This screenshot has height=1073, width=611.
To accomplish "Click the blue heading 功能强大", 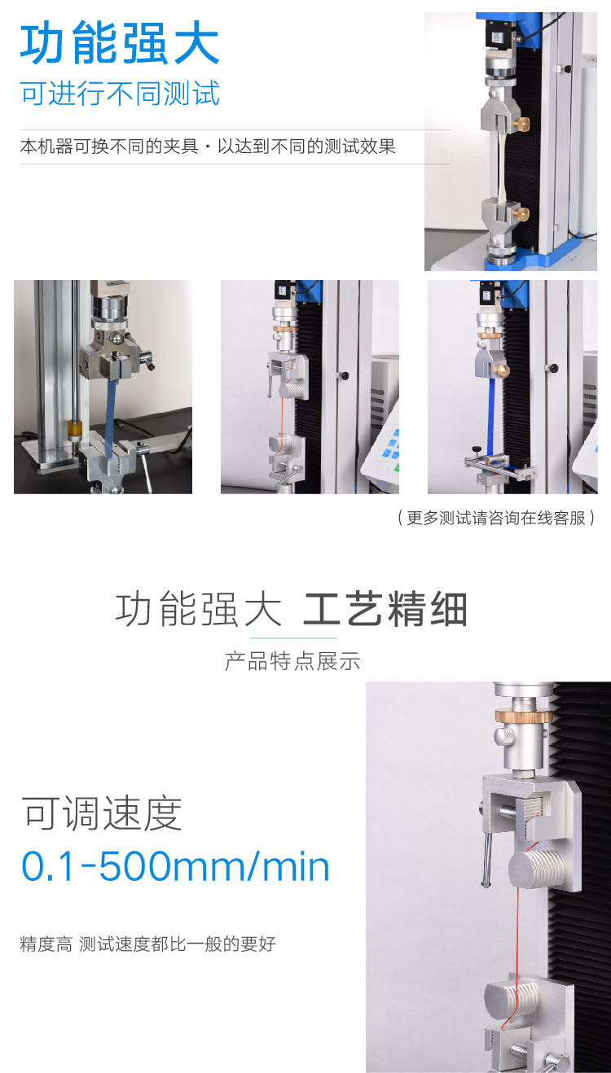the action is pyautogui.click(x=119, y=43).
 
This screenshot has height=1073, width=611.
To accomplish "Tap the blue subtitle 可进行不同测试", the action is pyautogui.click(x=120, y=93).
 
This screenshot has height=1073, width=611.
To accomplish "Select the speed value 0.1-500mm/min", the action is pyautogui.click(x=176, y=866).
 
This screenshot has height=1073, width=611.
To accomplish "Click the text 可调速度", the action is pyautogui.click(x=102, y=812).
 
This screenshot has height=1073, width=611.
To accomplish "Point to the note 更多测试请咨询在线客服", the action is pyautogui.click(x=496, y=518).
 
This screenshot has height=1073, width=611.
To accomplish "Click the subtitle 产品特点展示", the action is pyautogui.click(x=292, y=661).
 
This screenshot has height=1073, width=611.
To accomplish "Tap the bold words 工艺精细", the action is pyautogui.click(x=385, y=609).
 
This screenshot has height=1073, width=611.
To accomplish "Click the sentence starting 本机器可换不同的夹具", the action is pyautogui.click(x=208, y=146).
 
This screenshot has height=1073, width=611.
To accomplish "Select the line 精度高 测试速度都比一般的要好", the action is pyautogui.click(x=147, y=944).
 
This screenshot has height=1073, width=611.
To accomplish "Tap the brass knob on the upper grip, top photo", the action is pyautogui.click(x=521, y=124).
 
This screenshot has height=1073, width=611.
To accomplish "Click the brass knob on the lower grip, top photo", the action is pyautogui.click(x=521, y=213).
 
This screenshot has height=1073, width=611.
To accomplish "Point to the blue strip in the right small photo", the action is pyautogui.click(x=490, y=417).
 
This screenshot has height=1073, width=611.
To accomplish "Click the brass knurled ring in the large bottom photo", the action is pyautogui.click(x=523, y=716).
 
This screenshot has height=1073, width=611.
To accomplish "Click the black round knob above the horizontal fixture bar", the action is pyautogui.click(x=477, y=450).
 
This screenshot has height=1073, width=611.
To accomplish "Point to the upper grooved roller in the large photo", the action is pyautogui.click(x=534, y=867).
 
